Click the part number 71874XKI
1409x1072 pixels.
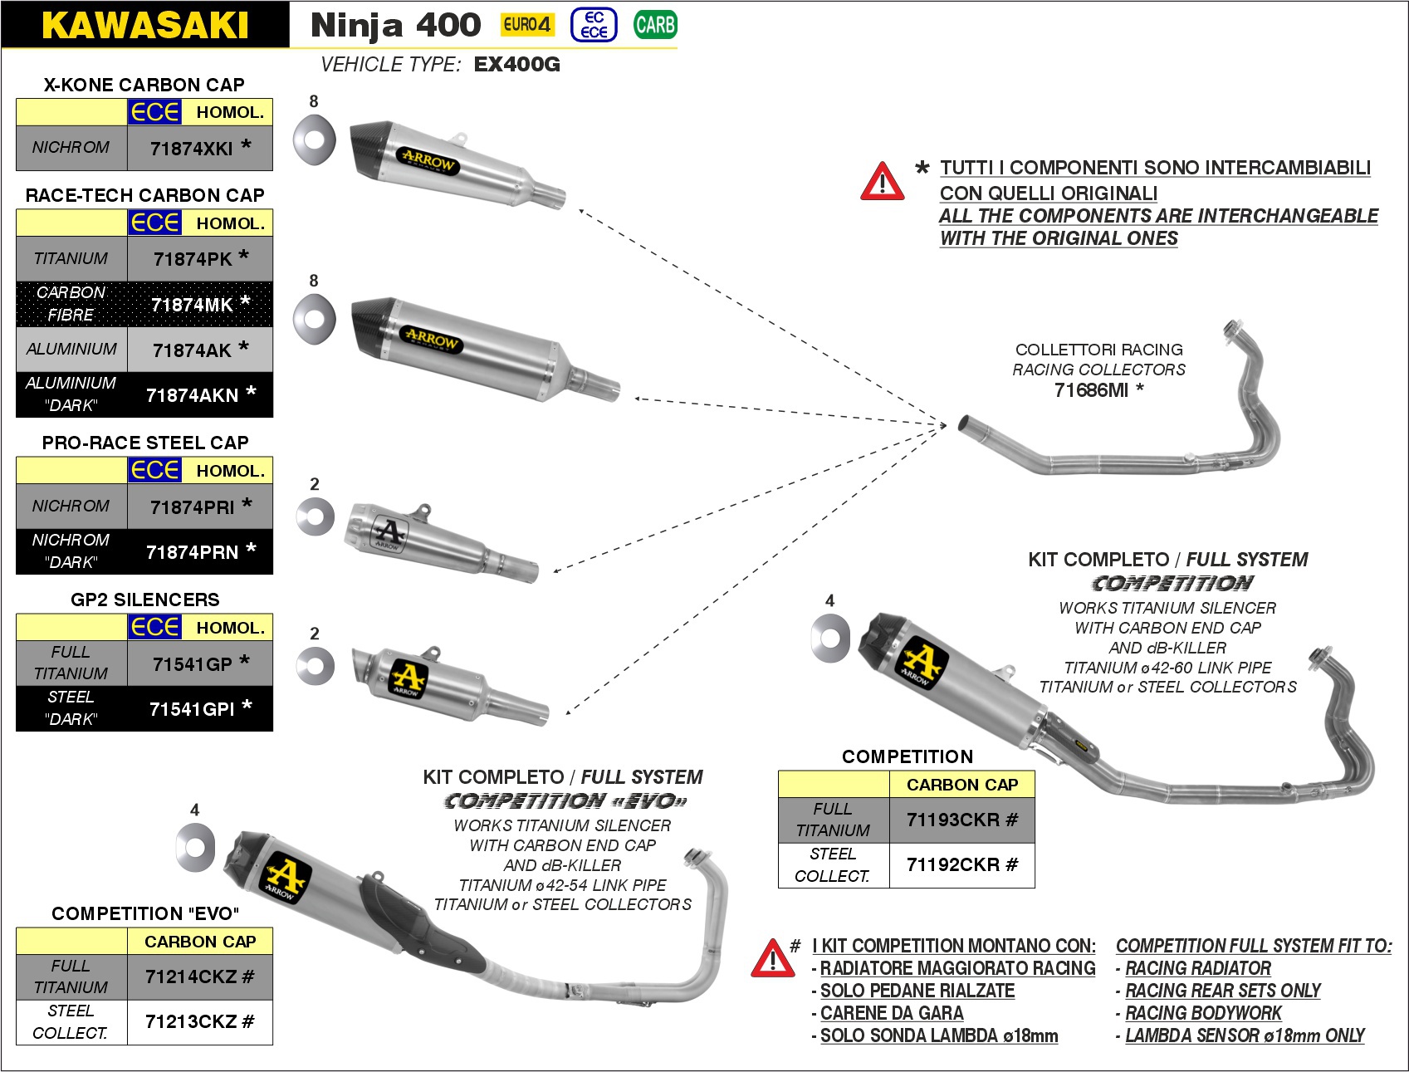click(192, 149)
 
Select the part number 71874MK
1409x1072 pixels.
click(192, 305)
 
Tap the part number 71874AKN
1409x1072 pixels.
click(192, 395)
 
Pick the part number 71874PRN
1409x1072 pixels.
click(192, 552)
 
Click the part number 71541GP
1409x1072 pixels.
click(192, 664)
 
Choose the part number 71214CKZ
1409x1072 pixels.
click(191, 977)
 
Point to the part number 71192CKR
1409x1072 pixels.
click(953, 865)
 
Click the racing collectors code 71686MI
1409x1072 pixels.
click(1091, 390)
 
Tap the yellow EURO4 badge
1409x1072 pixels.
click(527, 25)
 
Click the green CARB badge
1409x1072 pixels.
click(655, 25)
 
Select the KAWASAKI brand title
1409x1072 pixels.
click(145, 25)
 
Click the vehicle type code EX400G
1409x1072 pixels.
click(517, 65)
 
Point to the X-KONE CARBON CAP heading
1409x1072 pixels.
click(144, 85)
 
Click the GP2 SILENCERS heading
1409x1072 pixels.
click(145, 600)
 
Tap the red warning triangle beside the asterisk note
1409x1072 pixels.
click(882, 183)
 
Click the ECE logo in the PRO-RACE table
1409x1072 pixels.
click(154, 470)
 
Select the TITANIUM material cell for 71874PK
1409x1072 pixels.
click(71, 259)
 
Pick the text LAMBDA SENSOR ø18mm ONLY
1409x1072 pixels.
click(1245, 1036)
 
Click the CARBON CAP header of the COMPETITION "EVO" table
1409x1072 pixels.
click(200, 942)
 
